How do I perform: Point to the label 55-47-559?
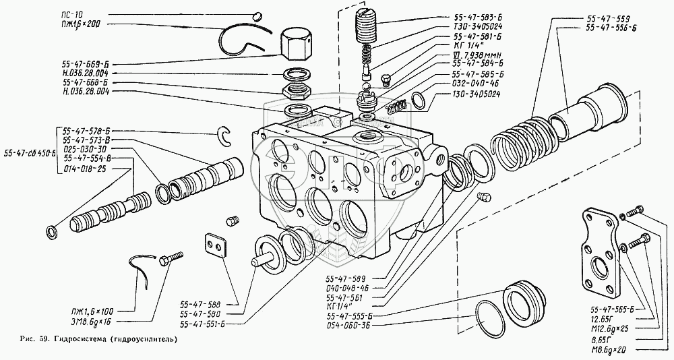608,16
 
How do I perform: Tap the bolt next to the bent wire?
172,258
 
